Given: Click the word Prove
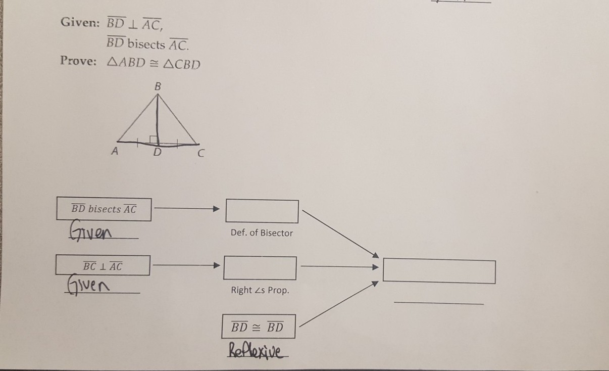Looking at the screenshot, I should [x=78, y=61].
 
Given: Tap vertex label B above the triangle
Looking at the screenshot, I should [x=158, y=86].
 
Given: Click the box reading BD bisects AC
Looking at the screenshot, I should [x=104, y=209].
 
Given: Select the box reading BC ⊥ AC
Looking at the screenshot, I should [x=103, y=265].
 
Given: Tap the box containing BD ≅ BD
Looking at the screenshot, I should [x=258, y=327].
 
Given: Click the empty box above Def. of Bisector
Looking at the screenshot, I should [x=262, y=211].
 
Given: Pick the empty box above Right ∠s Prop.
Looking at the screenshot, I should [x=260, y=268].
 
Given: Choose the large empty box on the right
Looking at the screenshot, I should [x=439, y=271].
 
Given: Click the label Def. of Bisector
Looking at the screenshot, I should [x=262, y=233].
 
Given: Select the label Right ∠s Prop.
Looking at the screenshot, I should [x=260, y=291].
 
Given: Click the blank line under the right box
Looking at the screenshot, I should [x=438, y=303].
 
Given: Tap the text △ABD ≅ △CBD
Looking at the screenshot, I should [x=154, y=64].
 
